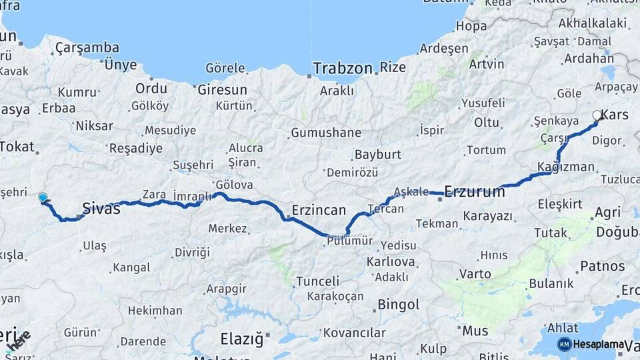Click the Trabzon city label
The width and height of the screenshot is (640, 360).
(x=343, y=68)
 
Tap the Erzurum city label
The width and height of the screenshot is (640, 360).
(x=475, y=192)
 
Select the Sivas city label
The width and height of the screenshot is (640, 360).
(x=101, y=209)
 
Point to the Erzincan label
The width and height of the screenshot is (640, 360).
(x=319, y=211)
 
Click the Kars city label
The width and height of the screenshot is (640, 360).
(x=614, y=115)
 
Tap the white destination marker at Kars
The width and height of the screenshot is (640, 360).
(x=597, y=115)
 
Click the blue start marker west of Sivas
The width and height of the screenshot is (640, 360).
(x=43, y=197)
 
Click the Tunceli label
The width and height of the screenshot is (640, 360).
(x=317, y=281)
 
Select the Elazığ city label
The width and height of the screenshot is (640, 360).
(x=241, y=339)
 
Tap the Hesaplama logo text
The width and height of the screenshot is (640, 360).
(x=599, y=344)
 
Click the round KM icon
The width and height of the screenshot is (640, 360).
(x=564, y=344)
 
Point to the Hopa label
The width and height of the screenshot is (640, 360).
(x=471, y=27)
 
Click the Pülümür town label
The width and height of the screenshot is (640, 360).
(x=350, y=241)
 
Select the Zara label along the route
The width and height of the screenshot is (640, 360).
(x=154, y=195)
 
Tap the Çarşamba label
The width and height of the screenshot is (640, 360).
(x=87, y=47)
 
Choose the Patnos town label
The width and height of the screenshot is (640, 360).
(x=602, y=266)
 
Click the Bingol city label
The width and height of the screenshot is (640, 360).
(x=398, y=305)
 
